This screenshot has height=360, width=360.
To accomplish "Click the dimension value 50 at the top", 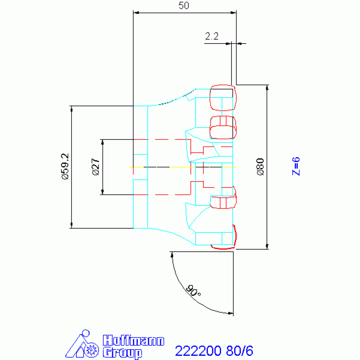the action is click(x=184, y=6).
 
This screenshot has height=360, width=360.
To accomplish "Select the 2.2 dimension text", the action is click(x=212, y=36).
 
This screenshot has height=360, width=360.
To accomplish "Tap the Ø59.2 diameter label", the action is click(x=65, y=167).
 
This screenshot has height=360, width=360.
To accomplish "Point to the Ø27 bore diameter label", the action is click(x=96, y=167).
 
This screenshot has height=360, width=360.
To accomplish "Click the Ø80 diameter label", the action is click(x=260, y=167).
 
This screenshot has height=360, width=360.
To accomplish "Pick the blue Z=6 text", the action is click(x=296, y=167).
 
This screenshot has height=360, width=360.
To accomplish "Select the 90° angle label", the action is click(x=193, y=291).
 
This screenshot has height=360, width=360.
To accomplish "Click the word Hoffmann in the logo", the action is click(x=133, y=340).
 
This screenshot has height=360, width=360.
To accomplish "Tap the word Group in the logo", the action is click(x=123, y=352).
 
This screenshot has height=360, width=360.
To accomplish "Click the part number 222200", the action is click(x=198, y=351).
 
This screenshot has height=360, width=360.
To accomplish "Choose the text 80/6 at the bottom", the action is click(x=239, y=351).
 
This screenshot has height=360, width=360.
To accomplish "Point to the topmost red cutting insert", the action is click(x=223, y=98).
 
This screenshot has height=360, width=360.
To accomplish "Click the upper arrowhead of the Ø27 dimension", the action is click(x=103, y=142).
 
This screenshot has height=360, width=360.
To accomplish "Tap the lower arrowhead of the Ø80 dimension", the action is click(x=267, y=246).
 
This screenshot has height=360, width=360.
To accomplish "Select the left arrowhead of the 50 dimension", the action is click(x=136, y=13).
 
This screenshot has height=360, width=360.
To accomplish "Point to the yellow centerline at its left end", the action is click(x=129, y=167).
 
